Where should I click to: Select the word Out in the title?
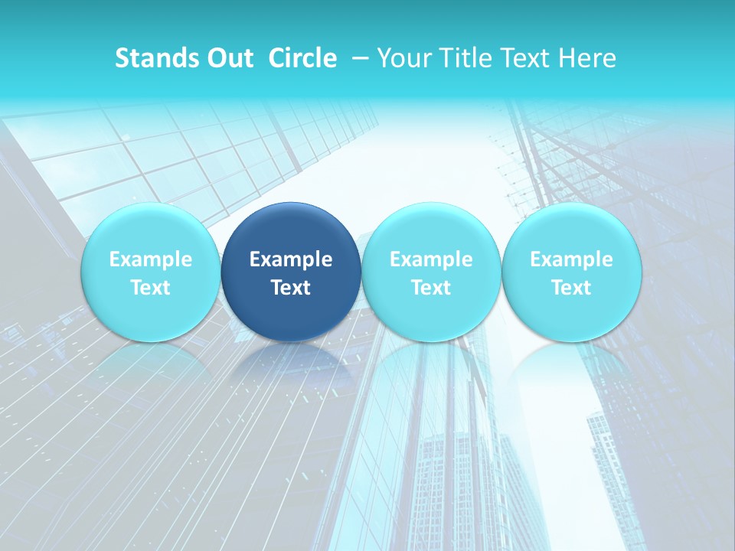(229, 58)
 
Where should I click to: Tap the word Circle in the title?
(302, 58)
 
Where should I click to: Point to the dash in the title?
(361, 58)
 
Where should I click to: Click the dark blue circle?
(291, 230)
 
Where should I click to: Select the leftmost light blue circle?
(150, 230)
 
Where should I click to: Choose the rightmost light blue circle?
(571, 230)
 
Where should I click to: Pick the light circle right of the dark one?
(431, 230)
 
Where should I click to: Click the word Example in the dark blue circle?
(291, 259)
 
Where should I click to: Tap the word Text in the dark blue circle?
(291, 288)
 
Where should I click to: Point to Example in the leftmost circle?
(150, 259)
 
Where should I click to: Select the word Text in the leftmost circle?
(150, 288)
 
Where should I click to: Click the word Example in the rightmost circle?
(571, 259)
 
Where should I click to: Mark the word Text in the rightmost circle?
(571, 288)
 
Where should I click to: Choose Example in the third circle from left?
(431, 259)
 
